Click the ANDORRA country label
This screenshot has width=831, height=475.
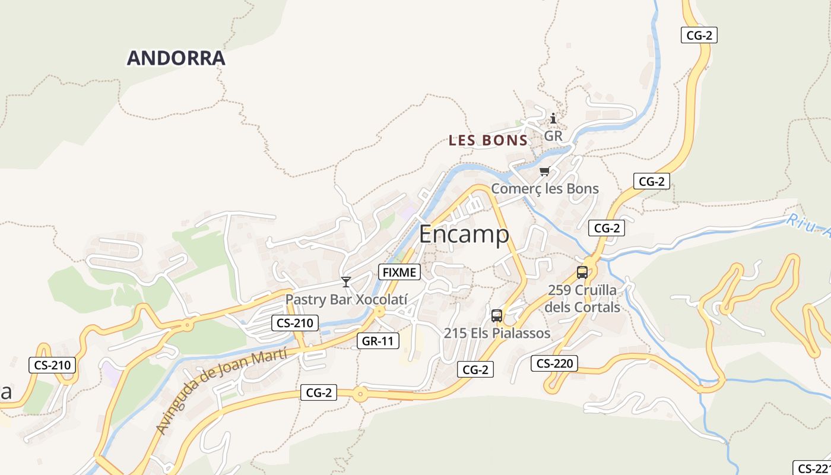point(176,58)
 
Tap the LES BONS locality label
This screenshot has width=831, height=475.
point(488,141)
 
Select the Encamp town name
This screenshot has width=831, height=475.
point(464,235)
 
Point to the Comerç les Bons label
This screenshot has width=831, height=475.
point(544,189)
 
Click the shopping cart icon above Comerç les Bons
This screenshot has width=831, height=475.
point(544,172)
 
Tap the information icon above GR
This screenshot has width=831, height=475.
point(553,119)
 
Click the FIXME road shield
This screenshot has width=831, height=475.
point(399,273)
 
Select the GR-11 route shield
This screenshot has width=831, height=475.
point(378,341)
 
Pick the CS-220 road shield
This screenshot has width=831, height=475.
point(554,363)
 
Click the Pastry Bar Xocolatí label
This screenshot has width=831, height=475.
point(347,299)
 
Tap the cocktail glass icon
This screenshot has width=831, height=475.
point(346,281)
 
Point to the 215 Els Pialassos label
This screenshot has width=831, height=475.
point(497,333)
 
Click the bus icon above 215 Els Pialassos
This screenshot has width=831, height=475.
point(497,316)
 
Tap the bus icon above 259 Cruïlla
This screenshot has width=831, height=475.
point(582,273)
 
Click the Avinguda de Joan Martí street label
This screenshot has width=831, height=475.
point(221,391)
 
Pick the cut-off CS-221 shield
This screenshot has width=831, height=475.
point(812,468)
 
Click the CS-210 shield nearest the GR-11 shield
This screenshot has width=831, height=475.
point(295,324)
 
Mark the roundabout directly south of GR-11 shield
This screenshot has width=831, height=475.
point(360,394)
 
